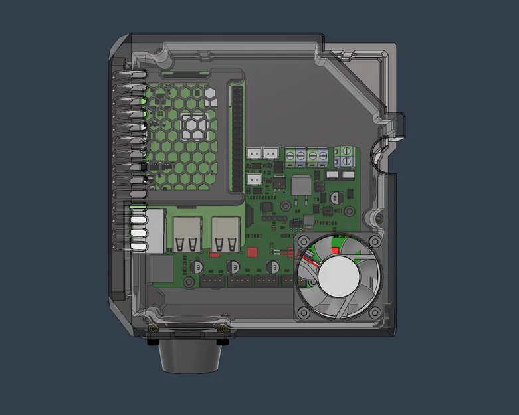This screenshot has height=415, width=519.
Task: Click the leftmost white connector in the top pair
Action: pyautogui.click(x=255, y=153)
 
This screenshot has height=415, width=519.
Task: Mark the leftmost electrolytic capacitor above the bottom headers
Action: pyautogui.click(x=197, y=266)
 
